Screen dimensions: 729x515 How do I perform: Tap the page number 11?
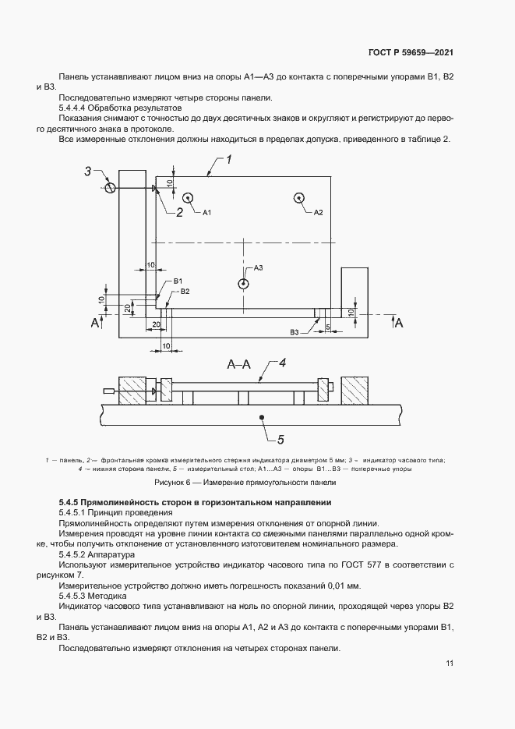tap(450, 664)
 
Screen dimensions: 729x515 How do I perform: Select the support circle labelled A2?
tap(300, 198)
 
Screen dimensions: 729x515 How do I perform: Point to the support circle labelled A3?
tap(244, 283)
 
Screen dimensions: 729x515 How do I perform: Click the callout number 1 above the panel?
tap(229, 159)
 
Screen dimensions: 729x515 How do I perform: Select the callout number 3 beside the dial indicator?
tap(88, 171)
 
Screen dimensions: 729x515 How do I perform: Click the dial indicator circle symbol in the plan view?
tap(111, 188)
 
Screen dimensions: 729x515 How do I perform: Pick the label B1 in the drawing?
tap(178, 281)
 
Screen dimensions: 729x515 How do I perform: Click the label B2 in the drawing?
tap(185, 291)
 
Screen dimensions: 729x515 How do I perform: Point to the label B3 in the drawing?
tap(295, 333)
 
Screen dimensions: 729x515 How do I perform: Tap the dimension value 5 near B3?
tap(327, 327)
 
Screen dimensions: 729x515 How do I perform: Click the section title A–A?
tap(239, 364)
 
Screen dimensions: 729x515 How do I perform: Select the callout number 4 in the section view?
tap(283, 363)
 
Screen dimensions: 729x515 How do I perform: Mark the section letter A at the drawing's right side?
tap(399, 322)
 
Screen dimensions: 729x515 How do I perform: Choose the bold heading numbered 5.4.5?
tap(195, 502)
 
